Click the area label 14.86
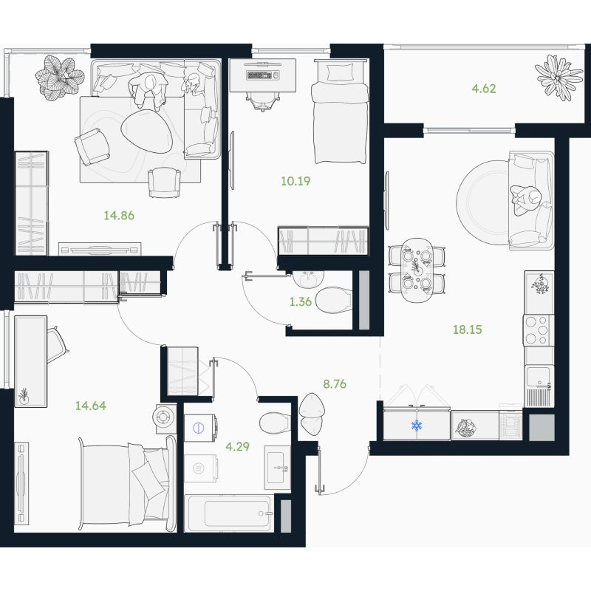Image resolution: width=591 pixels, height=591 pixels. pos(119,216)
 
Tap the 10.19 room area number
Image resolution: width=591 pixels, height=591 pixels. pos(295,181)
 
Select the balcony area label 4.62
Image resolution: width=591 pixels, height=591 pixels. pos(484,89)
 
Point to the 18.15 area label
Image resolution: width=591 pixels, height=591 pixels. pos(468,329)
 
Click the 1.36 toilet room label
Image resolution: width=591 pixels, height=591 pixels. pos(301,301)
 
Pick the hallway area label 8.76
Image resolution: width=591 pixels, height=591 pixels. pos(335,384)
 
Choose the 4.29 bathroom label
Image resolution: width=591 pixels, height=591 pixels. pos(237,447)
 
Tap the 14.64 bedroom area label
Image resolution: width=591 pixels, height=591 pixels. pos(90,406)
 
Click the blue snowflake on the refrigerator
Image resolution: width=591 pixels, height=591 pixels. pos(417,426)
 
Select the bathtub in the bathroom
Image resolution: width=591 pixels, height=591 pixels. pos(229,513)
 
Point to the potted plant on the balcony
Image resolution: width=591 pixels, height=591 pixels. pos(558,78)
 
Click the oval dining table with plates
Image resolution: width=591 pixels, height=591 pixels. pos(417,270)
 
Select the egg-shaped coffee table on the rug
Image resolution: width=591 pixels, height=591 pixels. pos(147,131)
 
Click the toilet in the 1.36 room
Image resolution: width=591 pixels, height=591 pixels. pos(334,300)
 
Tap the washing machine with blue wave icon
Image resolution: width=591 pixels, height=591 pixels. pos(199,428)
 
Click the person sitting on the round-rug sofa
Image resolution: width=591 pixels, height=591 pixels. pos(526,200)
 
